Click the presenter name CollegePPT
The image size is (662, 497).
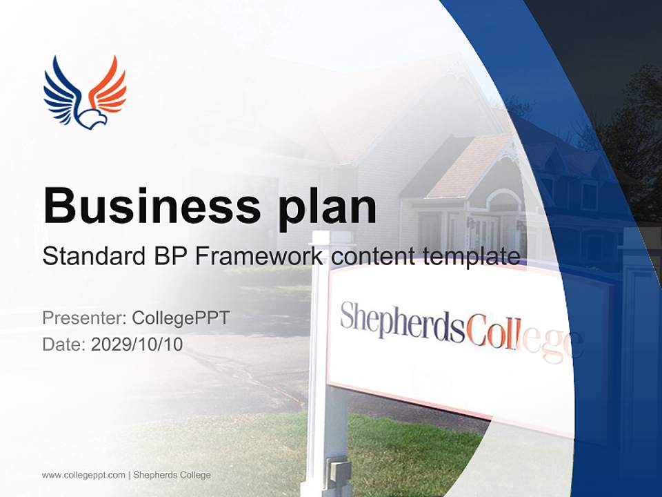[181, 318]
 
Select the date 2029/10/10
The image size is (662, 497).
[137, 344]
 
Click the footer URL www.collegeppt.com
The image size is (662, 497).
[83, 475]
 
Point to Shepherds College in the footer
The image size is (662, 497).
[172, 475]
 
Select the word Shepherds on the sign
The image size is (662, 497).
[402, 322]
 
